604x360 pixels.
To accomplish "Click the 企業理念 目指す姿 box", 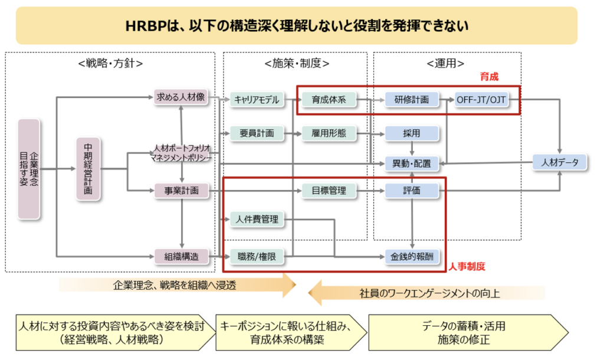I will pos(29,170).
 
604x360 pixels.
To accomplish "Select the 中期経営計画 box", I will pos(88,170).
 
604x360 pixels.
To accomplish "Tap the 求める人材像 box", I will pos(180,97).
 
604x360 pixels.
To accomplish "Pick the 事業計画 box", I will pos(181,191).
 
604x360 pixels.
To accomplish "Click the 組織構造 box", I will pos(180,256).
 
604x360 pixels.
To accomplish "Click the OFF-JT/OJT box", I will pos(482,100).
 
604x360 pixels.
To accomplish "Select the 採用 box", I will pos(411,133).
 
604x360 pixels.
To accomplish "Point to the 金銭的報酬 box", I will pos(411,256).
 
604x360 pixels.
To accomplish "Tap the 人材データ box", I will pos(560,162).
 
